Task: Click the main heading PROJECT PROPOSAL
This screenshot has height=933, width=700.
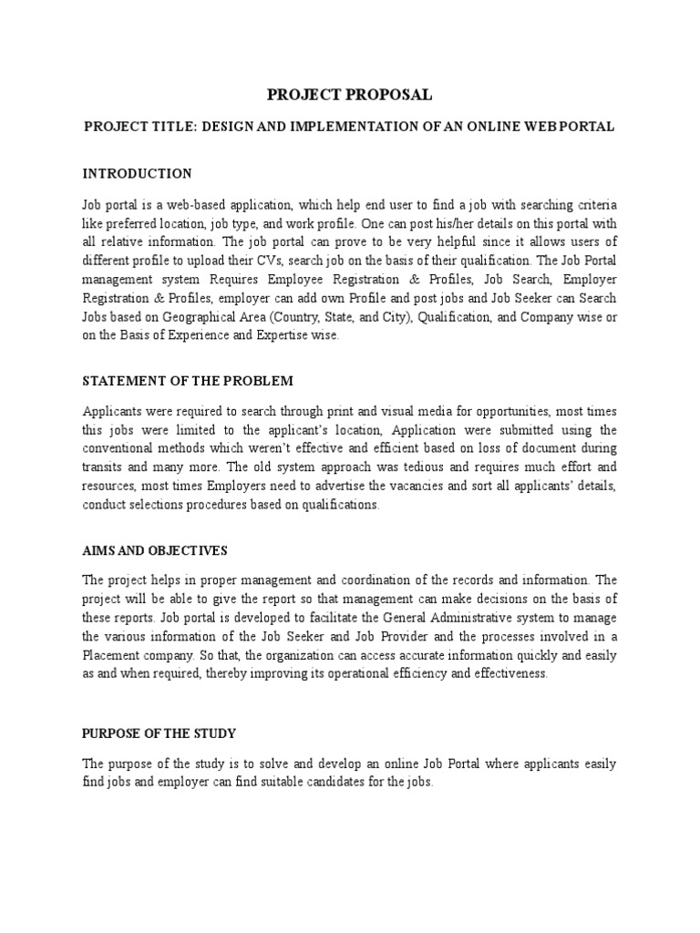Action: pyautogui.click(x=349, y=95)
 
